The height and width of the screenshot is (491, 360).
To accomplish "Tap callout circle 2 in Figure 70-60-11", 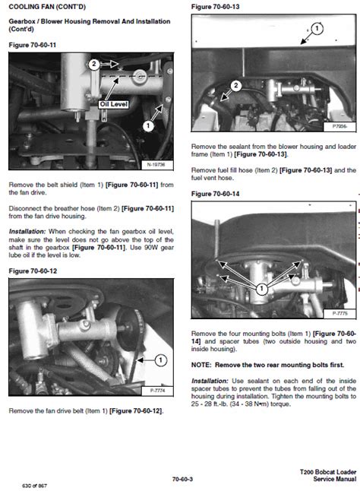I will (93, 65).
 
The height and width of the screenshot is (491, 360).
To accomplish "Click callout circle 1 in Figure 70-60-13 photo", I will (317, 28).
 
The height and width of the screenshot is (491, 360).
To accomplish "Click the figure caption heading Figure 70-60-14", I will (216, 194).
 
